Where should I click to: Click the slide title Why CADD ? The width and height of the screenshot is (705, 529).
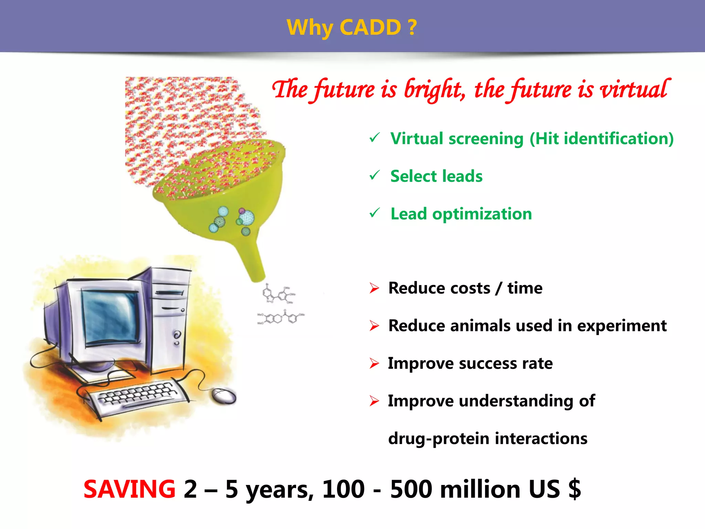tap(352, 27)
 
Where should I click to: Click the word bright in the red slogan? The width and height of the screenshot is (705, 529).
tap(434, 90)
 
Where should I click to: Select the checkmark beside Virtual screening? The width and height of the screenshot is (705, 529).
tap(374, 138)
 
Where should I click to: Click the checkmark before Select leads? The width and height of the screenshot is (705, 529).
tap(374, 175)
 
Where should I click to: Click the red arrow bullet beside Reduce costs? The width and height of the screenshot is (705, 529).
tap(374, 288)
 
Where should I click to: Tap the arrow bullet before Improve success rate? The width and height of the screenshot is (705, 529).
tap(374, 363)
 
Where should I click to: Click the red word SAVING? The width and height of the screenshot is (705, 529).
tap(129, 489)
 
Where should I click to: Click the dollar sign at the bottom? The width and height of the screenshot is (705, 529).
tap(575, 489)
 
